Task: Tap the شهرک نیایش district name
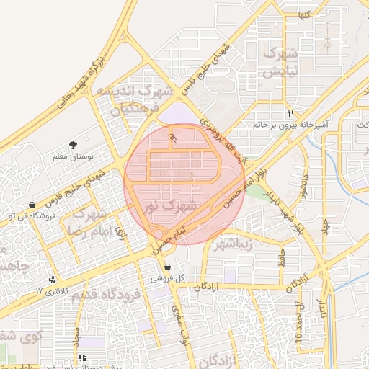[280, 63]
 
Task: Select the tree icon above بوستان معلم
[73, 146]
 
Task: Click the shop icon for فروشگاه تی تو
[32, 205]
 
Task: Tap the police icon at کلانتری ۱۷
[52, 280]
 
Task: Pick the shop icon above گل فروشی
[167, 267]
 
